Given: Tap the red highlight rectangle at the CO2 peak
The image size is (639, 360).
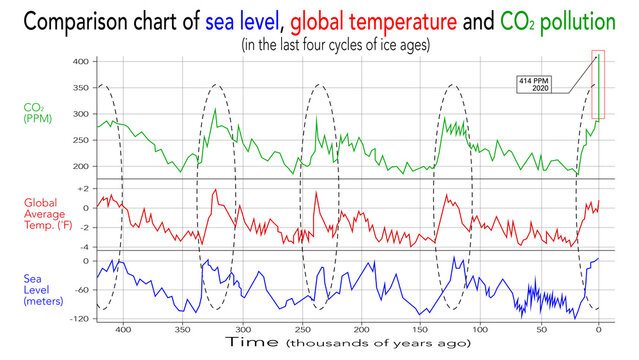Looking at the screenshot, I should click(x=598, y=84).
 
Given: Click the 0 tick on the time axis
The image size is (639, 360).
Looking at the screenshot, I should click(x=598, y=329).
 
